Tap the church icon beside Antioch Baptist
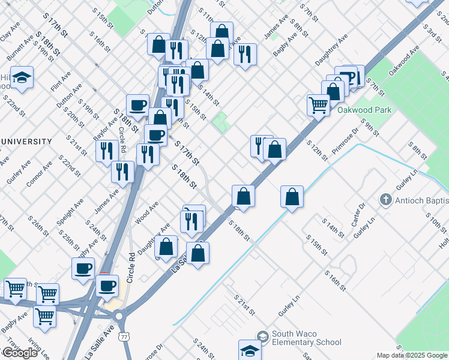(x=386, y=199)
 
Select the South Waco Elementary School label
(x=306, y=338)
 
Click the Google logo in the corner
(x=20, y=353)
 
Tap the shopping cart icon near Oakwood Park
(x=318, y=105)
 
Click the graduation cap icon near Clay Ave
(x=22, y=78)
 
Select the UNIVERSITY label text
(x=26, y=142)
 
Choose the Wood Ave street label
(x=147, y=213)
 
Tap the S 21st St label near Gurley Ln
(x=244, y=305)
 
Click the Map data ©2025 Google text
(x=412, y=355)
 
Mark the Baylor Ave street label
(x=106, y=124)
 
